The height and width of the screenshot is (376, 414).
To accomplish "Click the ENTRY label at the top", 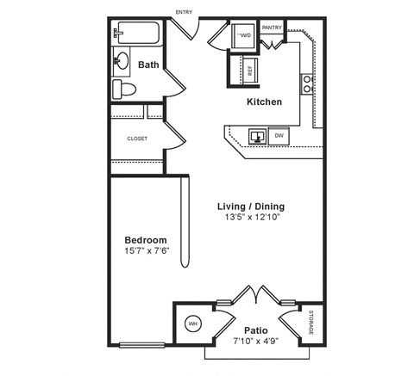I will pyautogui.click(x=184, y=12).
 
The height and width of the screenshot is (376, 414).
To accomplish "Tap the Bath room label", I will pyautogui.click(x=148, y=65).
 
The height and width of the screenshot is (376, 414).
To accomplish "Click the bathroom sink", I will pyautogui.click(x=122, y=61).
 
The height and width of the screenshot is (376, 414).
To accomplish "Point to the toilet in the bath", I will pyautogui.click(x=123, y=89).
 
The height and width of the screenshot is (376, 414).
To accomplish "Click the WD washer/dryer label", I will pyautogui.click(x=244, y=36).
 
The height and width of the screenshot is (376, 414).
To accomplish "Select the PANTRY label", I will pyautogui.click(x=272, y=28).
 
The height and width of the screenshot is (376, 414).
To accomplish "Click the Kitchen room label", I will pyautogui.click(x=264, y=102).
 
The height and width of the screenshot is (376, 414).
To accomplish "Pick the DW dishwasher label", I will pyautogui.click(x=279, y=136).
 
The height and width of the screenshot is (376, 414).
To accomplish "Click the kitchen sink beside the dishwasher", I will pyautogui.click(x=257, y=135).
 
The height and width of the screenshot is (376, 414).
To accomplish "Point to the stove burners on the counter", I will pyautogui.click(x=306, y=83).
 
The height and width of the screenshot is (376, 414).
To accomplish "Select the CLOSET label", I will pyautogui.click(x=136, y=139).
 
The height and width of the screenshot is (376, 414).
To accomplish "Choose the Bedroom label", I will pyautogui.click(x=146, y=240).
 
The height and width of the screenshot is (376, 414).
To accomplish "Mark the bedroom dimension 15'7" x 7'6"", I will pyautogui.click(x=146, y=251).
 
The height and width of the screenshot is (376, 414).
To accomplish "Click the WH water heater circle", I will pyautogui.click(x=193, y=324).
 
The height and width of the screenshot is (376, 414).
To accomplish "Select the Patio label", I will pyautogui.click(x=254, y=330).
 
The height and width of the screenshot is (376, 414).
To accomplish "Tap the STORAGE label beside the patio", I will pyautogui.click(x=311, y=323).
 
